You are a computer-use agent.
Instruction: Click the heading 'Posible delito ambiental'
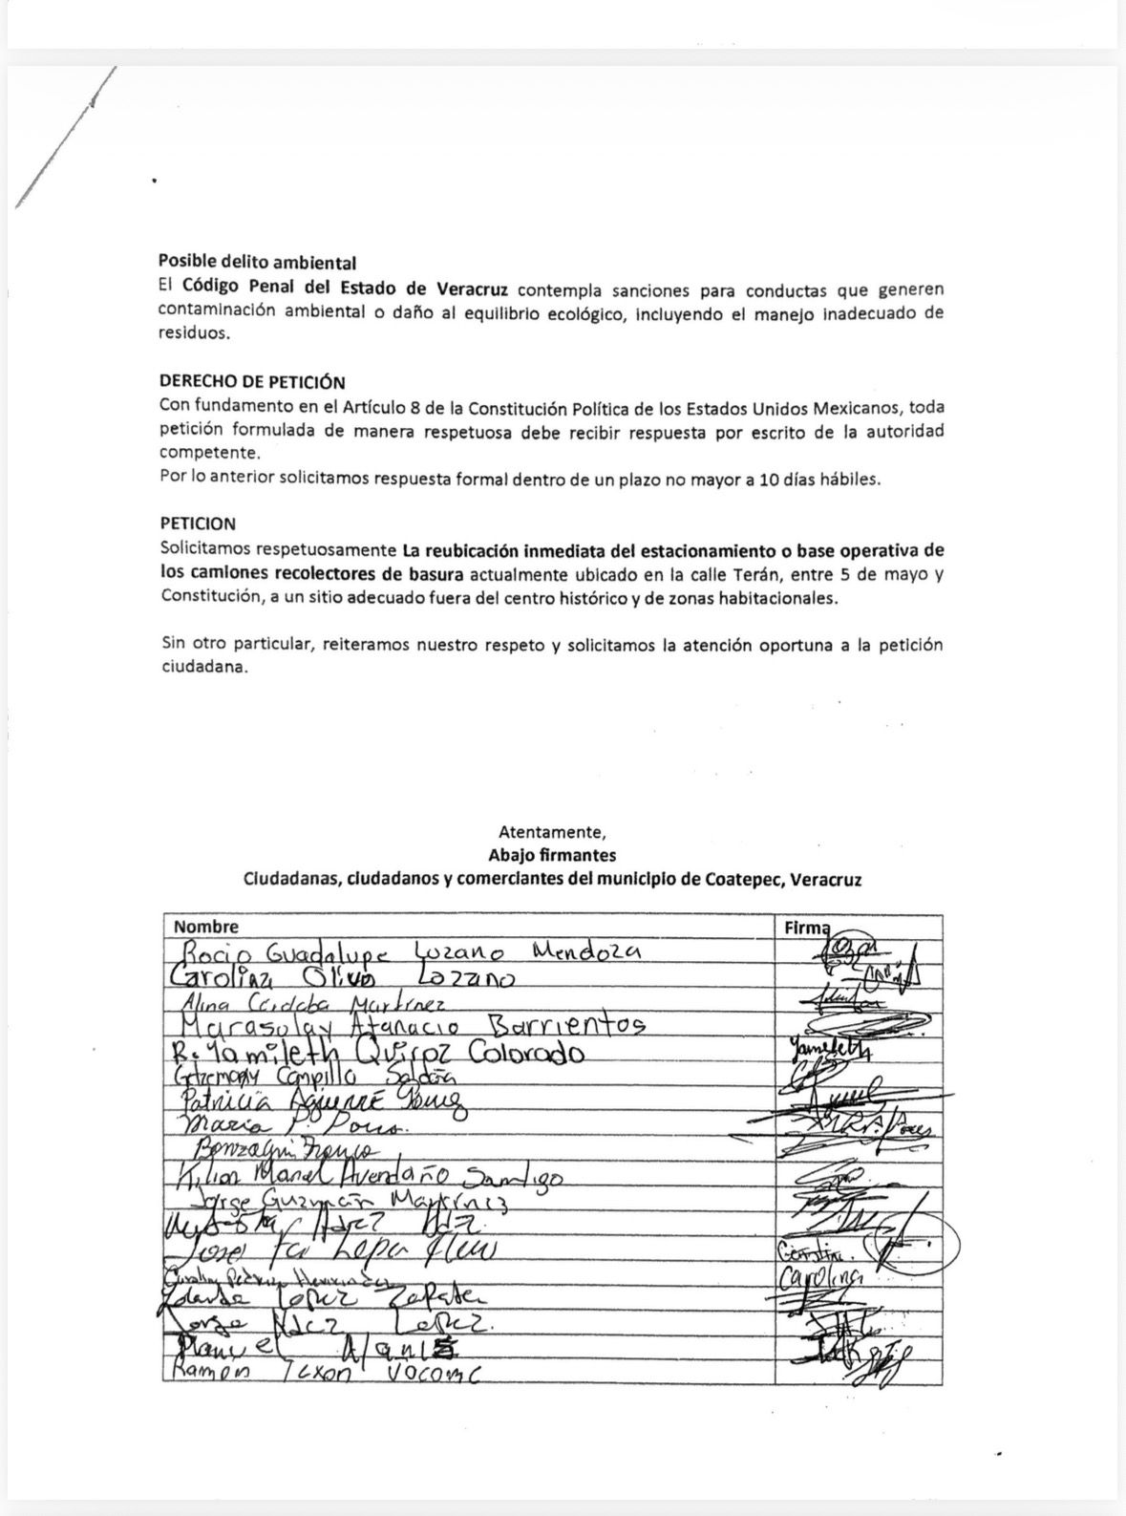pos(257,262)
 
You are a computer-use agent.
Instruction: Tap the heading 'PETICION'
pos(197,524)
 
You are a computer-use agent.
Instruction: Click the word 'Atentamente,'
pos(552,831)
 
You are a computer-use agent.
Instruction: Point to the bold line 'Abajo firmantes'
pos(552,855)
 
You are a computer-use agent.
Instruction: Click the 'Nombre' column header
pos(206,927)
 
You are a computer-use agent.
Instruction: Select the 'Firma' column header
pos(805,927)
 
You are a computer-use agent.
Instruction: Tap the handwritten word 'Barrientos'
pos(567,1025)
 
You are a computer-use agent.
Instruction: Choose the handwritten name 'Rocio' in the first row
pos(216,953)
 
